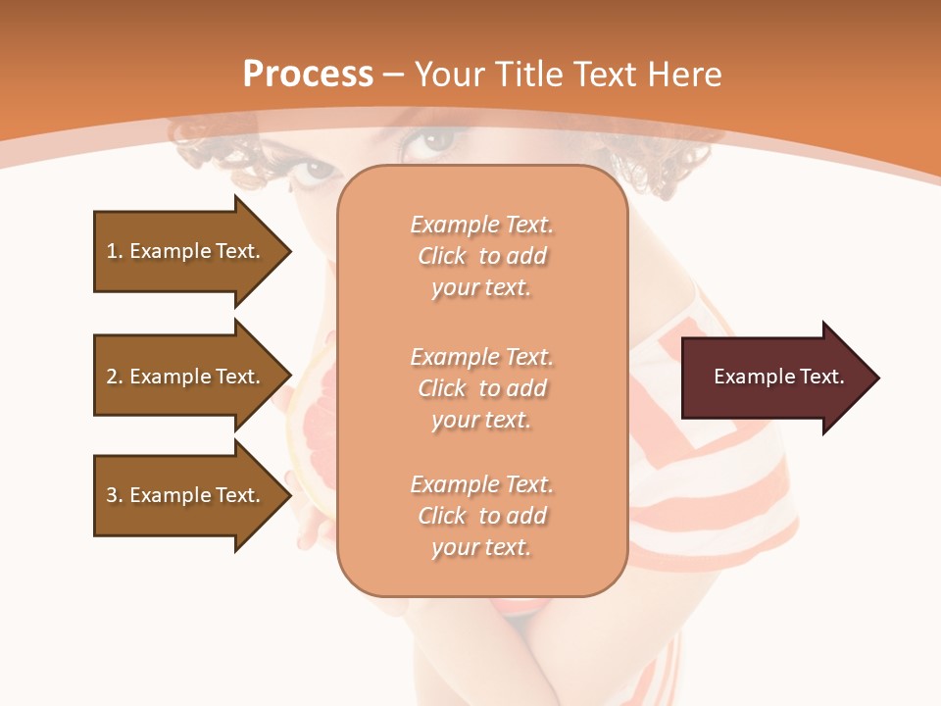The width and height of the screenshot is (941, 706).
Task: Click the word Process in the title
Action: [308, 75]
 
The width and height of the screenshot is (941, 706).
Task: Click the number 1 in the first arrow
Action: [112, 251]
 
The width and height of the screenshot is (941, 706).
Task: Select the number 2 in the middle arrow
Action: [112, 377]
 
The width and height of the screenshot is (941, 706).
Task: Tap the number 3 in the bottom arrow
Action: [112, 495]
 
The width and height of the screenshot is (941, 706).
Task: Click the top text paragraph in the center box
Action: [481, 256]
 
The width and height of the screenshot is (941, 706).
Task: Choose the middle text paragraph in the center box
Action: [481, 388]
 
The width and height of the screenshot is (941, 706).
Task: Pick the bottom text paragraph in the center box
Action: [481, 516]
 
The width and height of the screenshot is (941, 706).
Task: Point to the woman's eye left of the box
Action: [317, 173]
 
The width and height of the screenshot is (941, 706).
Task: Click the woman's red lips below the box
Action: [520, 610]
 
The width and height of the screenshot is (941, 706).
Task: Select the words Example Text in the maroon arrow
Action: [779, 378]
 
